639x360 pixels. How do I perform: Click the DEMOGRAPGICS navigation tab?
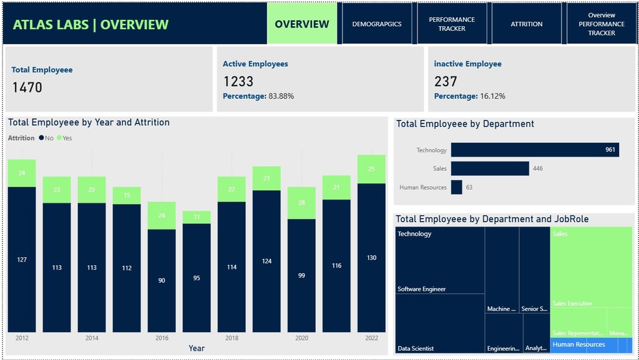[x=377, y=24]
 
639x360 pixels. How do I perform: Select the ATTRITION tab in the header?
[x=527, y=24]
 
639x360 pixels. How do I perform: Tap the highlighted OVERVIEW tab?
[x=302, y=24]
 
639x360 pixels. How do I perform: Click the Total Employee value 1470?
[x=27, y=87]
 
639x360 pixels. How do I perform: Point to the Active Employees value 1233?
[x=238, y=81]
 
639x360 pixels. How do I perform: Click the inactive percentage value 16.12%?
[x=492, y=96]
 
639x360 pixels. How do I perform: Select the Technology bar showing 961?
[x=535, y=150]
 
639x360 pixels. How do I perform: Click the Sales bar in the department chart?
[x=490, y=168]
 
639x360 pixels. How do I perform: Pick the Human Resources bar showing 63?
[x=457, y=187]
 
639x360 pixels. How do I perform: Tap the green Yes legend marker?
[x=59, y=138]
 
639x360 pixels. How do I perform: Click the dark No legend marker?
[x=41, y=138]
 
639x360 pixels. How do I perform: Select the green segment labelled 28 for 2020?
[x=301, y=203]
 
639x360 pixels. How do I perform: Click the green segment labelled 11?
[x=197, y=217]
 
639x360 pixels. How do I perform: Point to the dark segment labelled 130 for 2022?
[x=371, y=258]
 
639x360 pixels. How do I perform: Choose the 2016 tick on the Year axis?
[x=162, y=338]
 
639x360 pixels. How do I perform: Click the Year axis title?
[x=197, y=348]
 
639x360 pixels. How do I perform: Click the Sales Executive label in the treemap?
[x=572, y=303]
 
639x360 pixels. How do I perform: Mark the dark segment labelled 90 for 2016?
[x=162, y=281]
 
